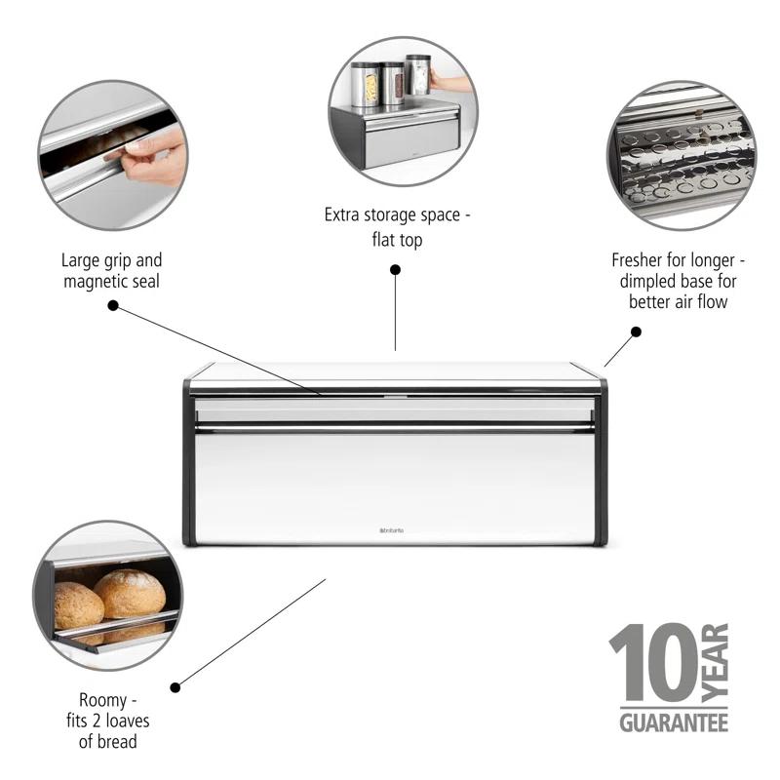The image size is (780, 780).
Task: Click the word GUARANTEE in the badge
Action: click(x=674, y=722)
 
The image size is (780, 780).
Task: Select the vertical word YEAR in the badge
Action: click(x=716, y=663)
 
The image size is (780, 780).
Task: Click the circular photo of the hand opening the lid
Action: click(x=112, y=156)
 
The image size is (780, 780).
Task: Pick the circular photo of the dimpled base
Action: click(x=681, y=156)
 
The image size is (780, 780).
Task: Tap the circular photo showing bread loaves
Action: click(x=107, y=595)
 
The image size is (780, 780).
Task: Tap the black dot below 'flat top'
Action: click(x=395, y=269)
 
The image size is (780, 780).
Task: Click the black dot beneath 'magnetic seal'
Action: click(x=113, y=305)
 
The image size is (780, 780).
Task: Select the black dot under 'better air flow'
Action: click(x=636, y=331)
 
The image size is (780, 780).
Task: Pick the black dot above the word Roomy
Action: click(x=175, y=686)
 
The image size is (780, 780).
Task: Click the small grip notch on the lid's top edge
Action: click(x=394, y=397)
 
